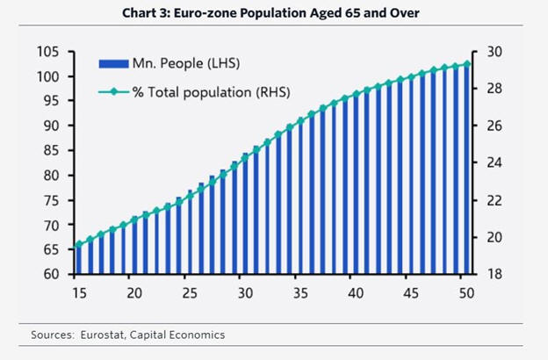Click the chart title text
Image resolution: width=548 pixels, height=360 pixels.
coord(273,12)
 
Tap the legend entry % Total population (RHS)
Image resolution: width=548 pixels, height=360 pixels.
coord(211,91)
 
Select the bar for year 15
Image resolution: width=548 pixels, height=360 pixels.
coord(78,259)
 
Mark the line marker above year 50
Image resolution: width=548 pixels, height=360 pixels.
coord(467,63)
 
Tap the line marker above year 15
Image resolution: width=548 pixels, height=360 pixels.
coord(78,245)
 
